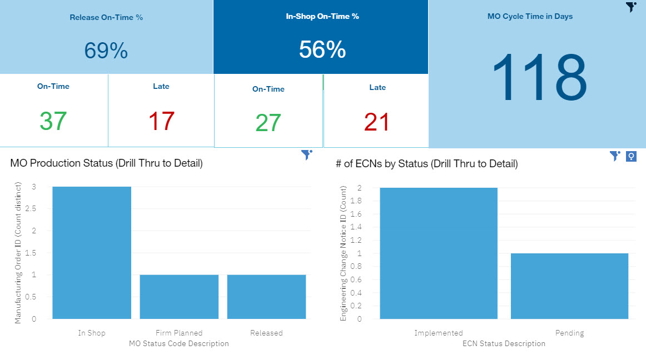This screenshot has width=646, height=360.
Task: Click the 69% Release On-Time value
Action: [x=106, y=51]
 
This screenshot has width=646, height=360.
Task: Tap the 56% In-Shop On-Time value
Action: [x=322, y=50]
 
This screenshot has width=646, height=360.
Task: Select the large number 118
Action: [x=539, y=78]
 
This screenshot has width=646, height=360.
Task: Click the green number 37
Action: [x=53, y=121]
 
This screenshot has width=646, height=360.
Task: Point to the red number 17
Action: [x=161, y=121]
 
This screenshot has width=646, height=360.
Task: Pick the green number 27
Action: [x=268, y=123]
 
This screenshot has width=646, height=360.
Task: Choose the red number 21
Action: [x=377, y=122]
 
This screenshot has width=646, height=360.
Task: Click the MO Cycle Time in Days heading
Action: [x=530, y=17]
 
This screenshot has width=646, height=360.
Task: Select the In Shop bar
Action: [x=92, y=253]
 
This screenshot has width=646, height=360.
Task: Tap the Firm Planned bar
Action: [x=179, y=297]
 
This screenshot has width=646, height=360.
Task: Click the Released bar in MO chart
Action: [x=266, y=297]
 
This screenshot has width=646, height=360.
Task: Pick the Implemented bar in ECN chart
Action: [x=439, y=253]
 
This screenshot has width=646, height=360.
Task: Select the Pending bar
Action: [x=569, y=286]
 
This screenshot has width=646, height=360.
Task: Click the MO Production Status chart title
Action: [x=106, y=163]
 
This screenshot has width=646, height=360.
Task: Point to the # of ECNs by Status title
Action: [x=427, y=164]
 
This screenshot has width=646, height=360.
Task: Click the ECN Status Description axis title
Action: [x=504, y=343]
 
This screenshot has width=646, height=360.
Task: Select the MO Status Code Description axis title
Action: [x=179, y=343]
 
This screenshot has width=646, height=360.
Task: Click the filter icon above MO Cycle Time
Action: [x=630, y=7]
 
